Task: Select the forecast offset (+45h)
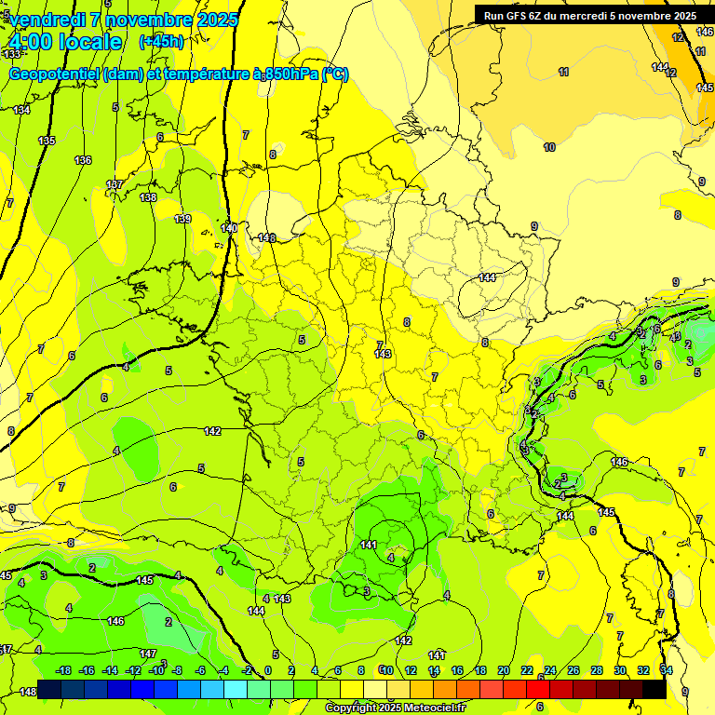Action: click(x=161, y=42)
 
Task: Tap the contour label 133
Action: click(x=11, y=81)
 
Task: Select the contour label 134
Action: click(x=21, y=110)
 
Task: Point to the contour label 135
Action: click(x=47, y=141)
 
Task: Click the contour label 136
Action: click(x=83, y=160)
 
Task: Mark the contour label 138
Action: click(x=148, y=197)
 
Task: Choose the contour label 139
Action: click(x=182, y=219)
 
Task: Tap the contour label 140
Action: click(x=230, y=228)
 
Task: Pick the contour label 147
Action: click(x=148, y=654)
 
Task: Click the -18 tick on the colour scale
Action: click(x=64, y=670)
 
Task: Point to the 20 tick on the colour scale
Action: click(x=504, y=670)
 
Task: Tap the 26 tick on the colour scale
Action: click(x=573, y=670)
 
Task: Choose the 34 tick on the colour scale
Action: click(x=666, y=670)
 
